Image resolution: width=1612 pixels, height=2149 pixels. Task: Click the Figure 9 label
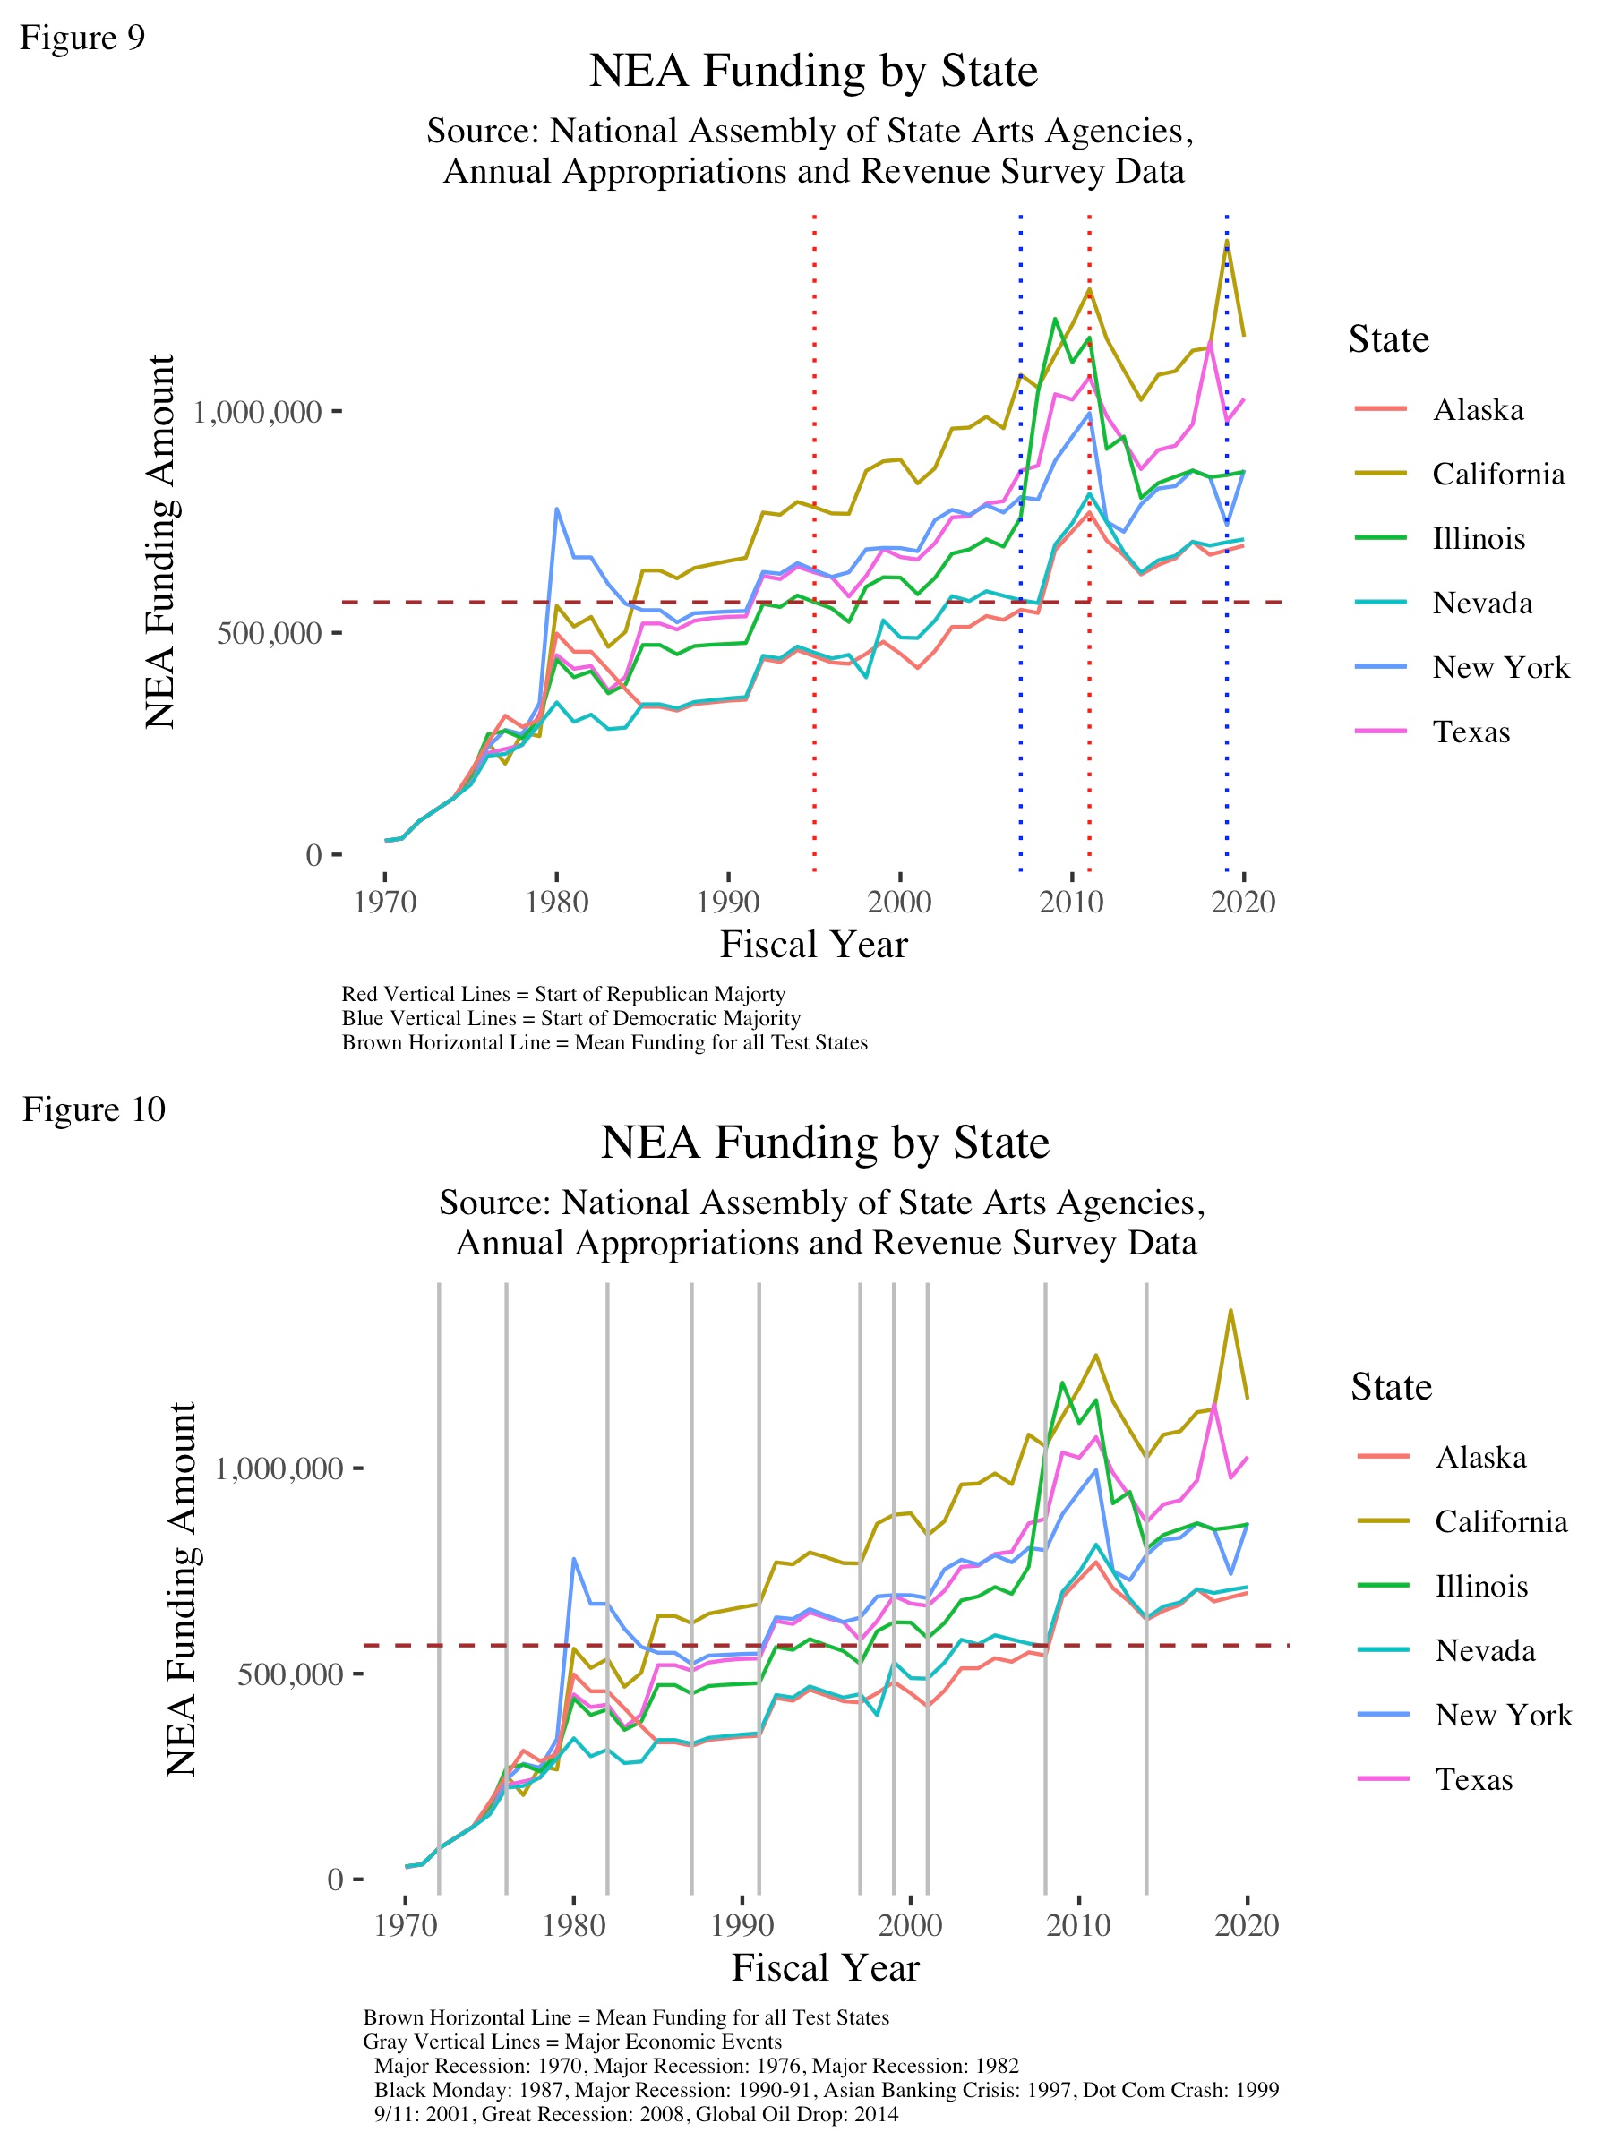click(x=81, y=38)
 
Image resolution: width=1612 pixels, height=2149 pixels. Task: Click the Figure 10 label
click(x=93, y=1109)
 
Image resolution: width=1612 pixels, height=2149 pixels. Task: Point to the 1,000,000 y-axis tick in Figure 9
click(x=258, y=413)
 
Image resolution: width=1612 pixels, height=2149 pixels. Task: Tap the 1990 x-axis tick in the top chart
click(x=728, y=903)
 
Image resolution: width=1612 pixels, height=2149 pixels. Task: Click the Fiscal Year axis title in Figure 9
click(x=813, y=946)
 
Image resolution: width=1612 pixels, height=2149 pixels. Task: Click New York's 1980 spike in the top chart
click(x=557, y=509)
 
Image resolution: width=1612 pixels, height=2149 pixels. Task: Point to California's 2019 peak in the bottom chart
click(x=1230, y=1311)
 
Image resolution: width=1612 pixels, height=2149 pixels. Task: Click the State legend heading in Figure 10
click(x=1391, y=1387)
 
